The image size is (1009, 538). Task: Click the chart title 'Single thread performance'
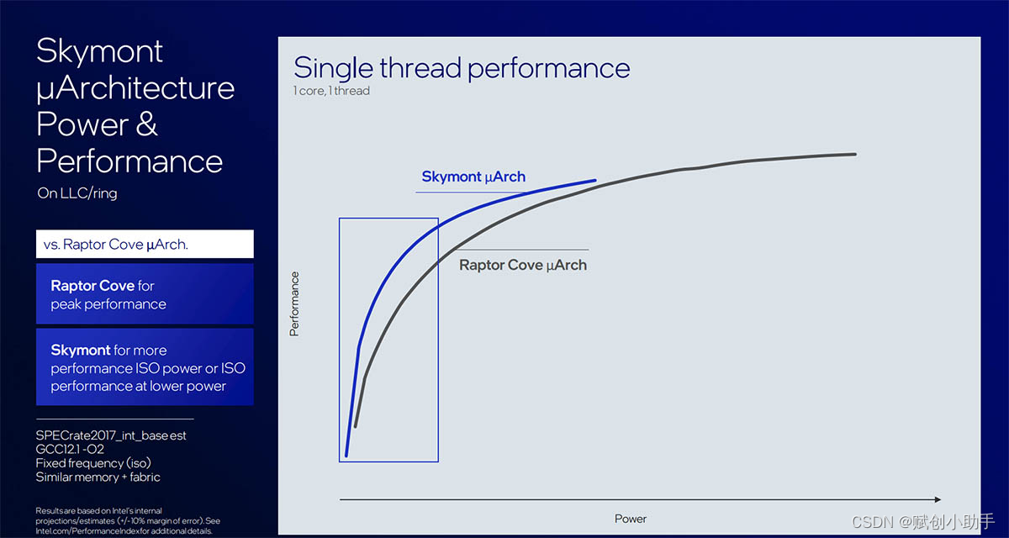pyautogui.click(x=462, y=68)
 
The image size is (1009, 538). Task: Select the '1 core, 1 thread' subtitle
pyautogui.click(x=331, y=91)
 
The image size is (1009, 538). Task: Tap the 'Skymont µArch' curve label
pyautogui.click(x=473, y=177)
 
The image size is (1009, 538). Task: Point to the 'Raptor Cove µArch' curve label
pyautogui.click(x=523, y=265)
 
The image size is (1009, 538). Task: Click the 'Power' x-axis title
pyautogui.click(x=630, y=520)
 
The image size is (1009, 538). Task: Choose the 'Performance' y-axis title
pyautogui.click(x=294, y=304)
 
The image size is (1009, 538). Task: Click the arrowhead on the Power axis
pyautogui.click(x=938, y=499)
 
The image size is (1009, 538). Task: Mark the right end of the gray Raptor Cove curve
pyautogui.click(x=855, y=155)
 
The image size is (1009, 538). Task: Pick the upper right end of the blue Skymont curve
pyautogui.click(x=595, y=180)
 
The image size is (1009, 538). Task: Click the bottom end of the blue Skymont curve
pyautogui.click(x=346, y=456)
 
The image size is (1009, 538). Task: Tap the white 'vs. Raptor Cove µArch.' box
pyautogui.click(x=145, y=244)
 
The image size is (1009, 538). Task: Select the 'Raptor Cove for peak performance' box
pyautogui.click(x=145, y=294)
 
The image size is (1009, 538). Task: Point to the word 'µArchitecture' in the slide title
pyautogui.click(x=135, y=89)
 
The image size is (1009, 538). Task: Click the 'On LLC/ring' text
pyautogui.click(x=77, y=193)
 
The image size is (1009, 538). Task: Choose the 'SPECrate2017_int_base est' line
pyautogui.click(x=111, y=435)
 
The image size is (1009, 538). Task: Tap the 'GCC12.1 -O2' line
pyautogui.click(x=70, y=449)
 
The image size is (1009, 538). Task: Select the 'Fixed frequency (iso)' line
pyautogui.click(x=93, y=463)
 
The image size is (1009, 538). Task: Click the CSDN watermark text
pyautogui.click(x=922, y=522)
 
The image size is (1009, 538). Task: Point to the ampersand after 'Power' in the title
pyautogui.click(x=146, y=124)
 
